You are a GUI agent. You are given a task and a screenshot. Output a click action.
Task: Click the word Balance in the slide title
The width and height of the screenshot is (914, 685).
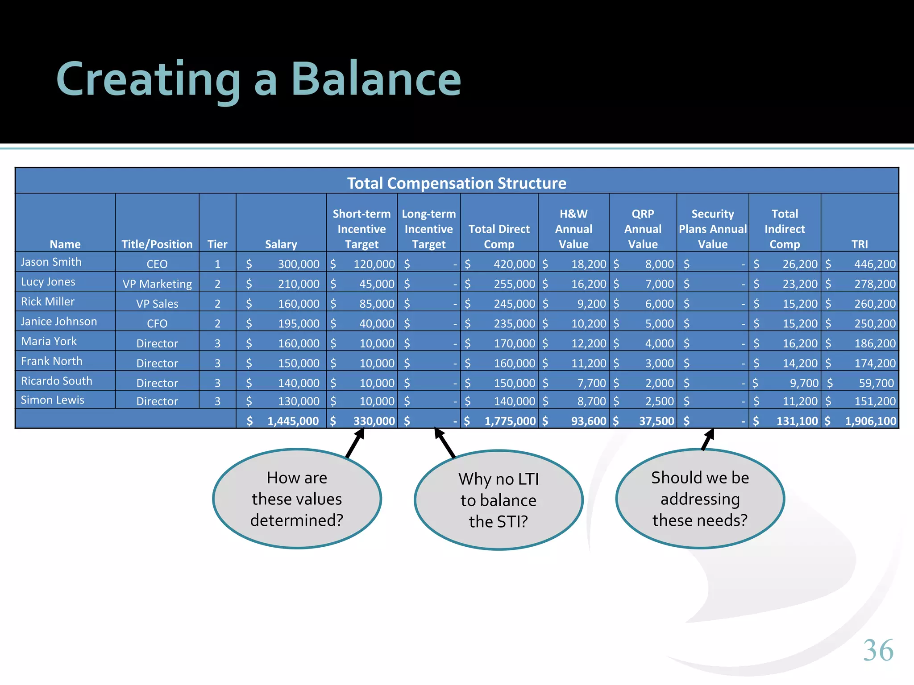point(376,79)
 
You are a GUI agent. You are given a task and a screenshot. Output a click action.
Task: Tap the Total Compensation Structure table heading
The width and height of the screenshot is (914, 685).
point(457,183)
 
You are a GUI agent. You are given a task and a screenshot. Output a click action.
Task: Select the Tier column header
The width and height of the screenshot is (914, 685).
point(217,244)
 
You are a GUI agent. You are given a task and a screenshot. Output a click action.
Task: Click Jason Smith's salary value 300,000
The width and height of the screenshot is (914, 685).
point(298,264)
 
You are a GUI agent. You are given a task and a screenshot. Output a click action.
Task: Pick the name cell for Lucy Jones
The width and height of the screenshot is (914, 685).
point(48,282)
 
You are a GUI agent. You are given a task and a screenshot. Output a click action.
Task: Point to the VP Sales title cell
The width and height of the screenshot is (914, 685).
point(157,304)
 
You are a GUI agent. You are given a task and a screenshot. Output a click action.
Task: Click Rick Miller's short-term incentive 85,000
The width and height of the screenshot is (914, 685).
point(377,304)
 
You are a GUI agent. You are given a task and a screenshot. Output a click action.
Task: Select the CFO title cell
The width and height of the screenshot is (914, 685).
point(157,323)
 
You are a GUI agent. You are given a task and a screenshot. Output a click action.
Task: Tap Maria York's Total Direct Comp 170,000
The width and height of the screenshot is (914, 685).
point(514,343)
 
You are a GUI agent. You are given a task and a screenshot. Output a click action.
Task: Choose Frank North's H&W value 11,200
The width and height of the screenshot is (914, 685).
point(588,363)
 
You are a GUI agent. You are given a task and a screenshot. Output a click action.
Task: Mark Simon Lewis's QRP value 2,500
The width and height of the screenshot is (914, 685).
point(659,401)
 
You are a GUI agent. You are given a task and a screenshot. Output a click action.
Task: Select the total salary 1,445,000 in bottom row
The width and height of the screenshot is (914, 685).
point(293,421)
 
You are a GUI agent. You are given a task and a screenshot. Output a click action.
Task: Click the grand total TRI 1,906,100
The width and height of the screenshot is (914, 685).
point(870,421)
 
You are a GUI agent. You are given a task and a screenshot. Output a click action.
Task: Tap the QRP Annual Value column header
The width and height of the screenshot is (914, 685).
point(643,229)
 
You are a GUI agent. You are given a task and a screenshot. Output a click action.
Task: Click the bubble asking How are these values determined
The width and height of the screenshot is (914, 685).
point(297,499)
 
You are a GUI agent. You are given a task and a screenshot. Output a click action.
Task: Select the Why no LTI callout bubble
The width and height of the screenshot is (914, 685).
point(499,500)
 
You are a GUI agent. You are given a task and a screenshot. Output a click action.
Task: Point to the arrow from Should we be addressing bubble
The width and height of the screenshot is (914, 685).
point(708,440)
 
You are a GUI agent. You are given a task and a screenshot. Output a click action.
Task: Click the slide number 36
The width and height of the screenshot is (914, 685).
point(878,650)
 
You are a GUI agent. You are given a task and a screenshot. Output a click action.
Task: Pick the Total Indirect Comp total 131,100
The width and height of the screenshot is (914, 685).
point(797,421)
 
